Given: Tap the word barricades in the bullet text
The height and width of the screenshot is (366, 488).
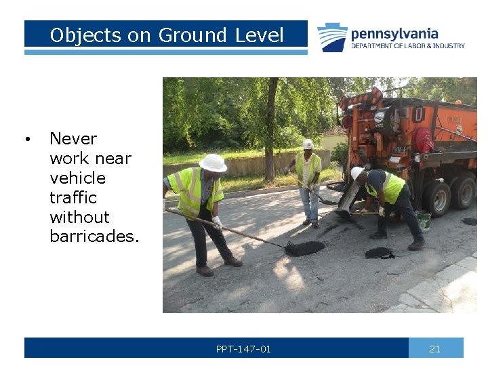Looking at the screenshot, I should [x=94, y=237].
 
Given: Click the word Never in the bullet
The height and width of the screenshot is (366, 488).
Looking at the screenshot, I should [x=73, y=139].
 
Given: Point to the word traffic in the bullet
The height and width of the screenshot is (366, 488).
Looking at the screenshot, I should [x=73, y=197].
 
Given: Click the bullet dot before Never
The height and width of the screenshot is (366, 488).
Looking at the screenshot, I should [x=26, y=140].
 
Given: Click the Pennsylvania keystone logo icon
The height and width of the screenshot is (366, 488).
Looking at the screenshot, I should [x=332, y=37].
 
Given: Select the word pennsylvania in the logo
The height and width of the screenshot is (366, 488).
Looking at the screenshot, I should [x=394, y=33].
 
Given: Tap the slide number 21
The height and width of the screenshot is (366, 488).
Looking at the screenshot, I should [x=435, y=349].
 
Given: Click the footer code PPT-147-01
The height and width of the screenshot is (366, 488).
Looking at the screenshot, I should [x=243, y=349].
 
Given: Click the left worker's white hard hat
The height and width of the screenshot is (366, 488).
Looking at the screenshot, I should [x=213, y=163].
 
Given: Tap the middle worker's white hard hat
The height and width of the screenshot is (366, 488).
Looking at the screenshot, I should [x=308, y=144].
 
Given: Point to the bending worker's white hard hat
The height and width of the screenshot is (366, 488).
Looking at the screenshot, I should [x=356, y=173].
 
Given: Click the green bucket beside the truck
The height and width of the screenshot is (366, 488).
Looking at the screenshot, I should [x=424, y=221].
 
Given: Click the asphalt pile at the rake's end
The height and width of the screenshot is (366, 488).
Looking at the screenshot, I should [x=305, y=248].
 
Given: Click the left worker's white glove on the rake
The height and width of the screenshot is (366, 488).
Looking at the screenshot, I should [x=218, y=222].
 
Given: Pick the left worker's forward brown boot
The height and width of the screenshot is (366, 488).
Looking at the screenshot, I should [x=233, y=261].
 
